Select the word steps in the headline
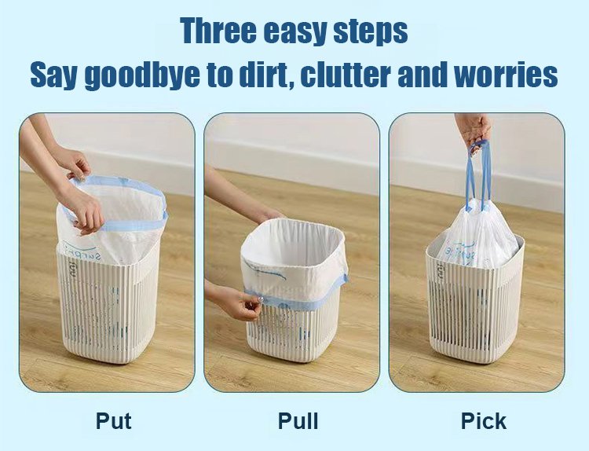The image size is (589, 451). pyautogui.click(x=371, y=33)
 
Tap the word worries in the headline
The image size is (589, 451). pyautogui.click(x=506, y=75)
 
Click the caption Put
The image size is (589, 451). pyautogui.click(x=113, y=420)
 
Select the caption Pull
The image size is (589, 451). pyautogui.click(x=298, y=420)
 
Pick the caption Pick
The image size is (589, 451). pyautogui.click(x=484, y=420)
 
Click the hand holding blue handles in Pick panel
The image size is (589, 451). pyautogui.click(x=474, y=130)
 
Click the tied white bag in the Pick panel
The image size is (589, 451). pyautogui.click(x=477, y=236)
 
